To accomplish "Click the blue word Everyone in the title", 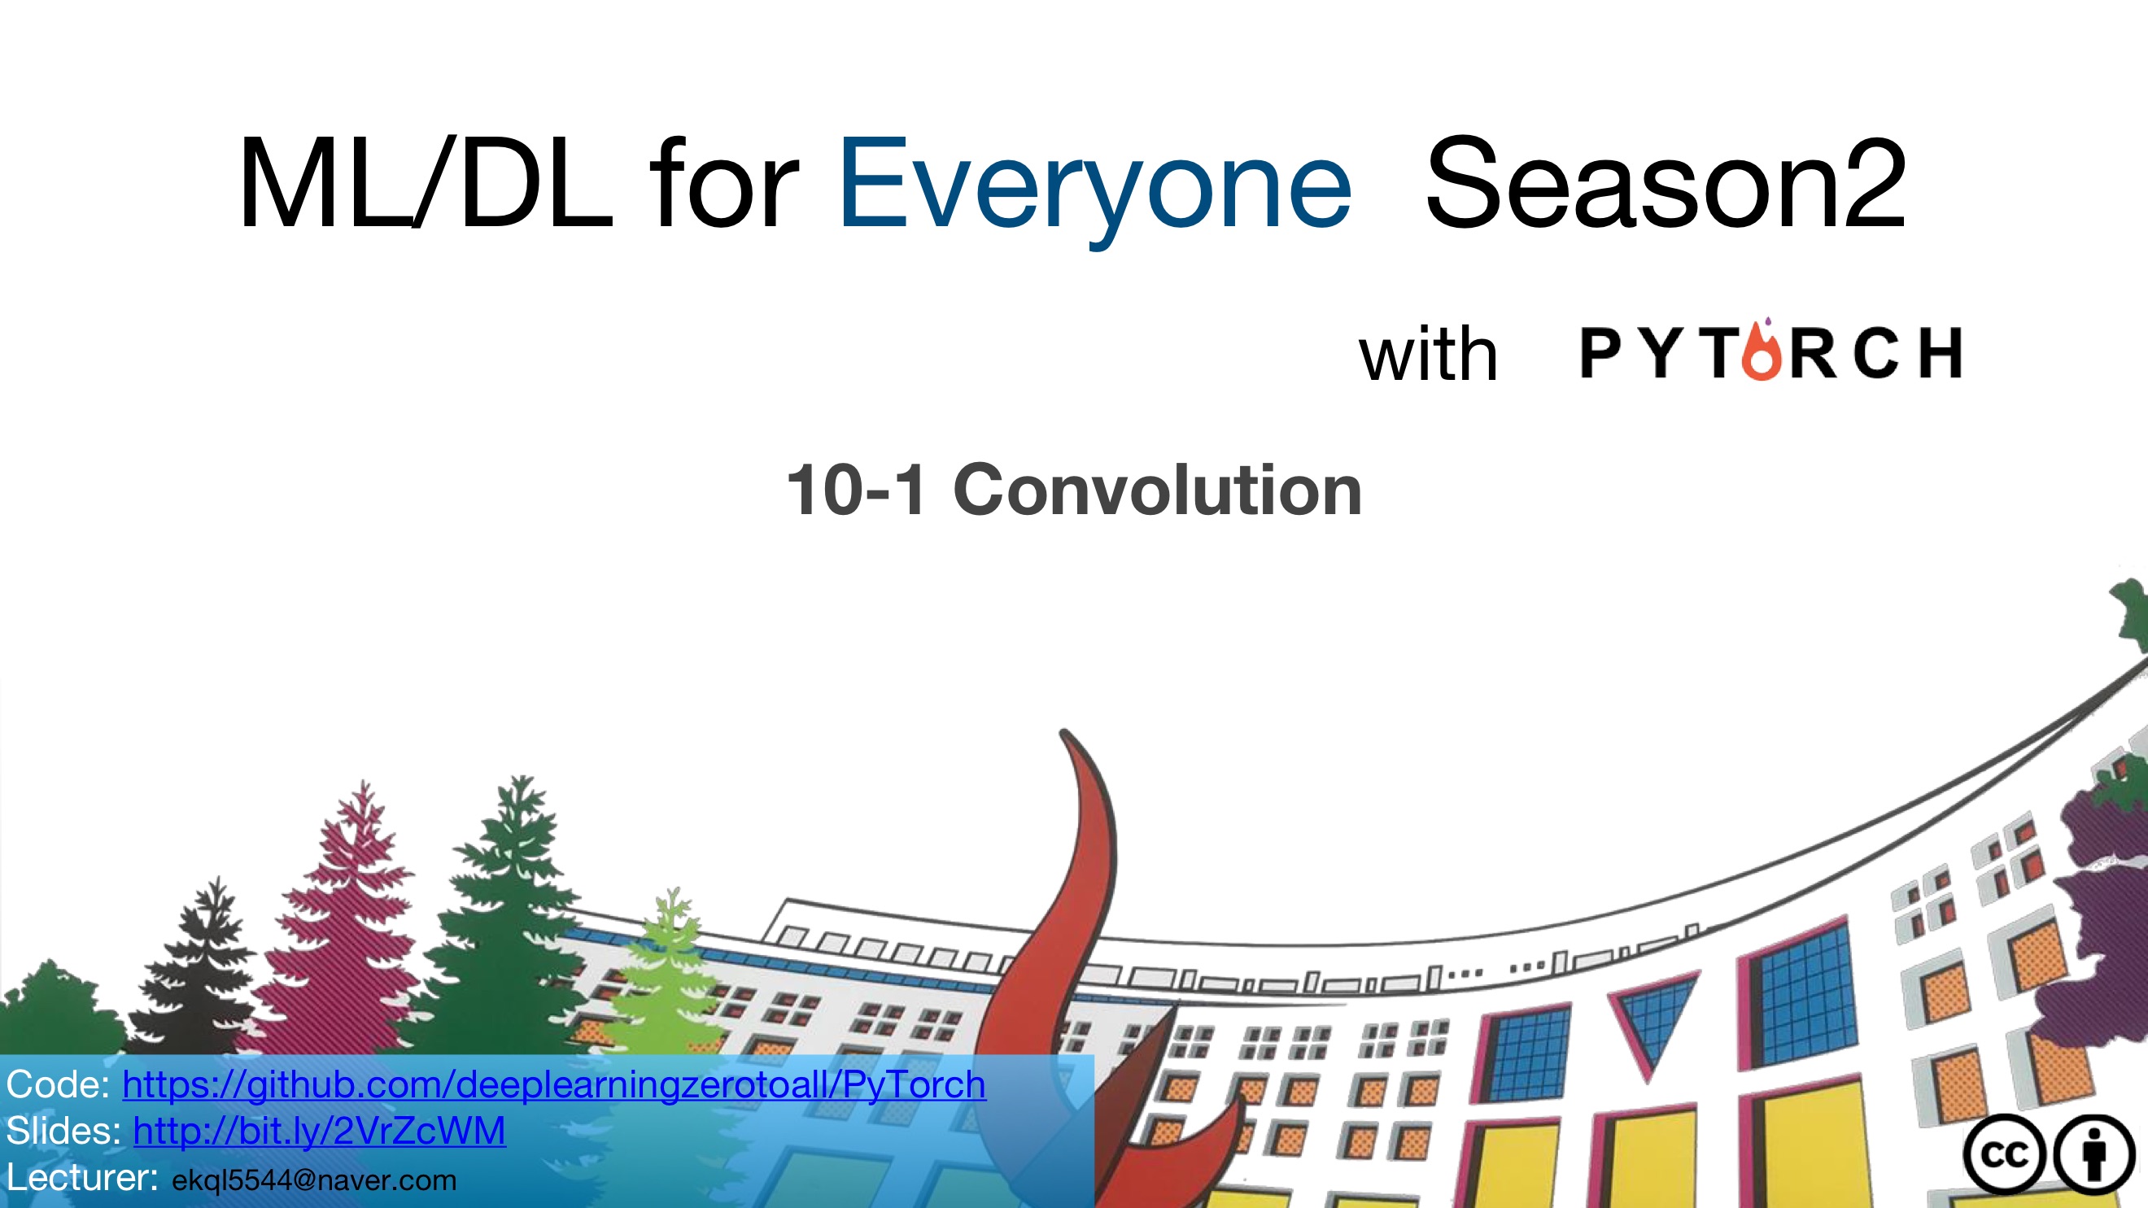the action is (1094, 188).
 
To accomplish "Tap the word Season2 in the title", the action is (1666, 183).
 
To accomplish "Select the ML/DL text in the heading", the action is (426, 183).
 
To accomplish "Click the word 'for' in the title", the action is (723, 183).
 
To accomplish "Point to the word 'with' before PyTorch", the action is (1429, 355).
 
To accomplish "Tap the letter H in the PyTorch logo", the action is (1941, 353).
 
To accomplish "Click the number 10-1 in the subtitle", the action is (855, 491).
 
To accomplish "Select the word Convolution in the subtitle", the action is (1157, 491).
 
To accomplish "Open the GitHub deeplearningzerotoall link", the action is (553, 1084).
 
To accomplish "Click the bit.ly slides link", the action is (320, 1132).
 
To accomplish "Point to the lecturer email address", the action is (314, 1180).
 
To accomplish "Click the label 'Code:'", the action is (58, 1084).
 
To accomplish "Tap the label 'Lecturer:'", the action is (81, 1178).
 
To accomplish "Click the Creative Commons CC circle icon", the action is (2004, 1155).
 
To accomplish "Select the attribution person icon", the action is (2093, 1155).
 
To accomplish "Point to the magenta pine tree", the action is (350, 926).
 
